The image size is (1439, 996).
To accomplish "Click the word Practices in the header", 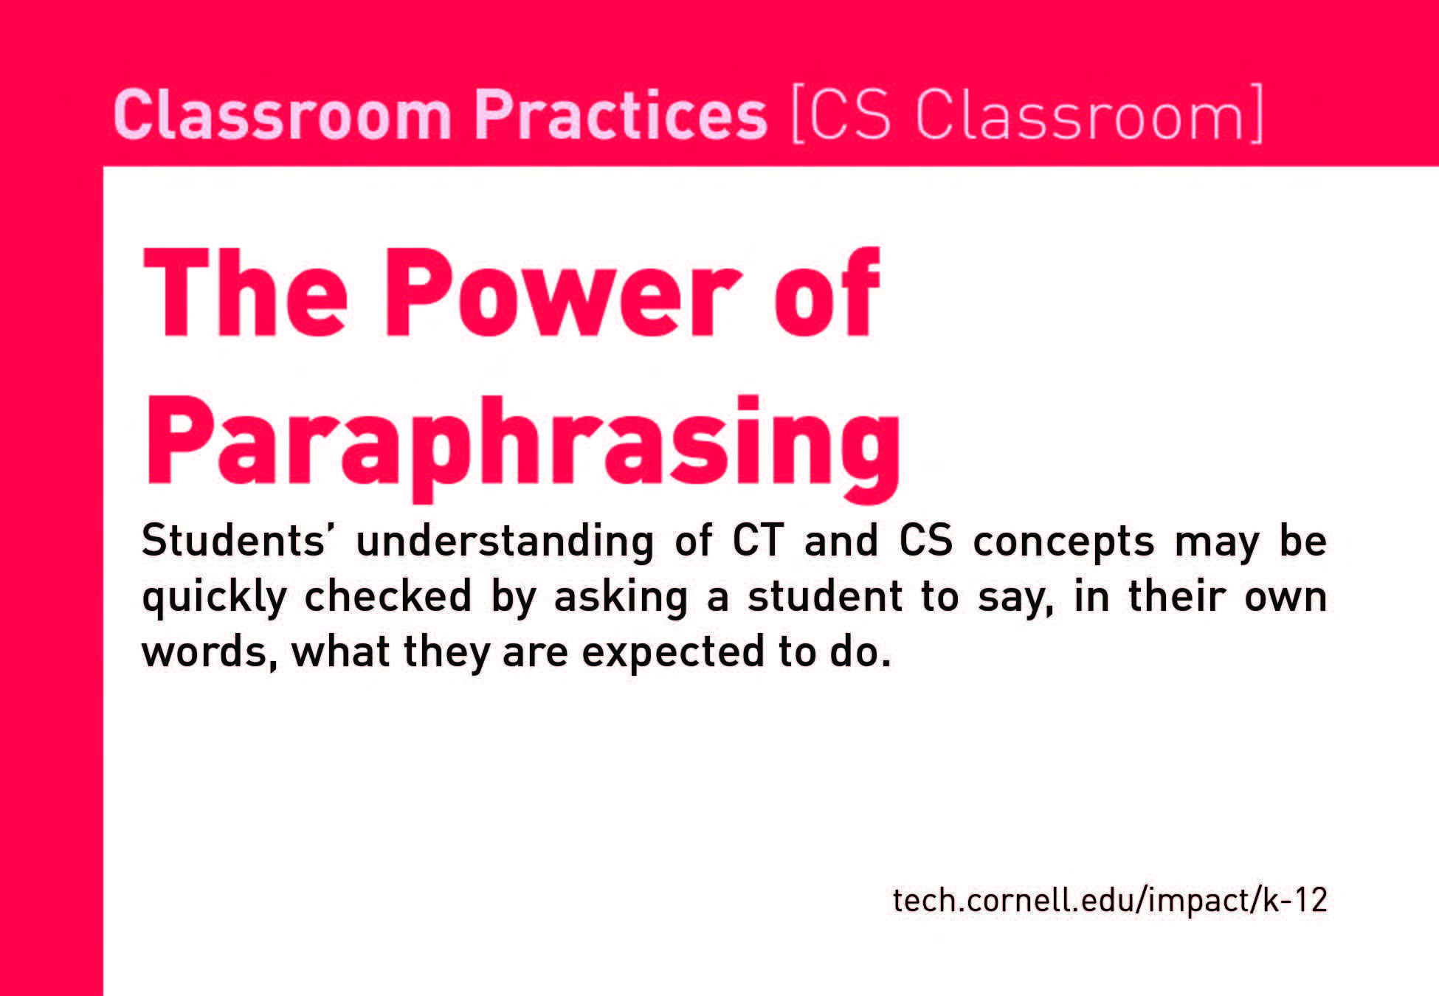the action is click(621, 115).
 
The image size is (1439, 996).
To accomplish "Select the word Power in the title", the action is click(562, 293).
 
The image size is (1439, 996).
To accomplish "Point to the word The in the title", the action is click(245, 293).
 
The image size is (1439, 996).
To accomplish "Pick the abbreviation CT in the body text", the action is click(757, 540).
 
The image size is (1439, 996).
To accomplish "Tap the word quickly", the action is click(214, 598).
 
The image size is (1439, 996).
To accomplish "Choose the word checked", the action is click(387, 595).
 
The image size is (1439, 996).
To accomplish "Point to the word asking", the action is click(621, 598).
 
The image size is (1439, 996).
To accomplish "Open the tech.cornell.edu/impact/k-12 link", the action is click(1110, 900).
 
